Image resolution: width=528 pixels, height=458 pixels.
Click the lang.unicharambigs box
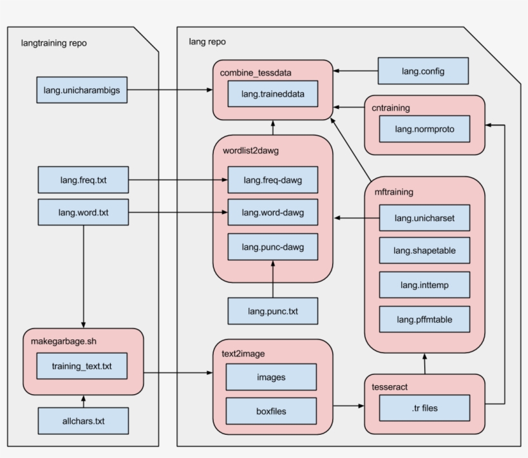pos(82,90)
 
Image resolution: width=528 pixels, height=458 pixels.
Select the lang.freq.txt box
pos(83,180)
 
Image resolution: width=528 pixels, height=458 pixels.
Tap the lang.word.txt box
pos(83,212)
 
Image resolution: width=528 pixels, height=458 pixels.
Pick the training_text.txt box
pos(82,366)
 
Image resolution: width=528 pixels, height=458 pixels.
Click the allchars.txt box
pos(83,421)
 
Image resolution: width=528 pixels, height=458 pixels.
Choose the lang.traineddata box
pos(272,94)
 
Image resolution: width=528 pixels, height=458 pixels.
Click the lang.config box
pos(422,71)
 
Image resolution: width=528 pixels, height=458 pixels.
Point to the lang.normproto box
pos(424,129)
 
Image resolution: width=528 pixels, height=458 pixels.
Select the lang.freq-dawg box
pos(272,180)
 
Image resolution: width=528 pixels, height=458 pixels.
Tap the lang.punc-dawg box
pos(272,247)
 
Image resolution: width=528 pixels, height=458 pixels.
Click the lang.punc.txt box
pos(272,311)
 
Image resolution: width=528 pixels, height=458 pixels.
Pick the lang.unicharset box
pos(424,218)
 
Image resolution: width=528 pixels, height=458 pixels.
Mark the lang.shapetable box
pos(424,251)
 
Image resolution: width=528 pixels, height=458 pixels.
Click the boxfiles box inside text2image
pos(271,410)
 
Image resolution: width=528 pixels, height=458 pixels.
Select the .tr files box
pos(424,408)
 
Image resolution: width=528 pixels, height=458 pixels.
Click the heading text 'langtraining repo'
pos(54,43)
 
